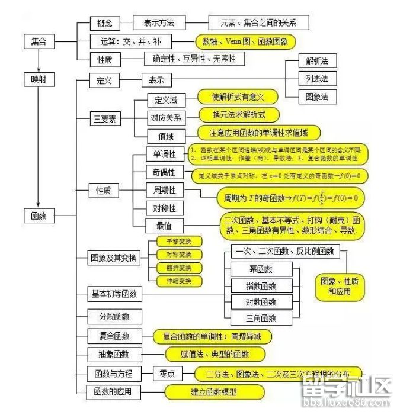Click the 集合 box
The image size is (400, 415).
pos(39,41)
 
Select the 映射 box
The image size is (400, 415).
pos(39,79)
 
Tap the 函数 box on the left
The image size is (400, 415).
pos(39,216)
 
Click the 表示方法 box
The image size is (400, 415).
pos(159,23)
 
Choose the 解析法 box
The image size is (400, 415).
pos(317,61)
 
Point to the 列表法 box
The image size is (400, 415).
pos(317,78)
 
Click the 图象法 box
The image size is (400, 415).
pos(317,96)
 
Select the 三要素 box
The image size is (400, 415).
pos(105,118)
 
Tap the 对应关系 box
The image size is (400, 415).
pos(166,117)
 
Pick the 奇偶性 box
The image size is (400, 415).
pos(160,172)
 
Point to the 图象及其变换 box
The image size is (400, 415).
pos(114,258)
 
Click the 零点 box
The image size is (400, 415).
pos(166,374)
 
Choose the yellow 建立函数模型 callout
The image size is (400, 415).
pos(215,392)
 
